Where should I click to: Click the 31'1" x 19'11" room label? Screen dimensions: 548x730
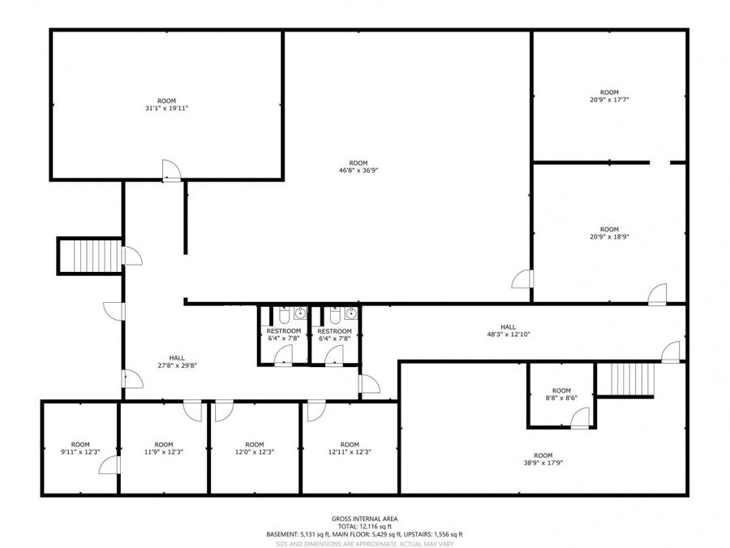166,104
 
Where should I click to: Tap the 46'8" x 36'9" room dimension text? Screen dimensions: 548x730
358,166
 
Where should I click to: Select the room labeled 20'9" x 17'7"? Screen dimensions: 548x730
609,96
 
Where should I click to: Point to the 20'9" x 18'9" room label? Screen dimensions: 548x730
609,234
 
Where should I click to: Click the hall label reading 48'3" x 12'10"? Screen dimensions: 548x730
508,330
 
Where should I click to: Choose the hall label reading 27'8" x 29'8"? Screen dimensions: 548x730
177,361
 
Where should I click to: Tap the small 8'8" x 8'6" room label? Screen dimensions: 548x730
561,395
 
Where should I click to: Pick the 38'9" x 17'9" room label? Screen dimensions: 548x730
543,459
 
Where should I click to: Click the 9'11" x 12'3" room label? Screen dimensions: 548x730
80,448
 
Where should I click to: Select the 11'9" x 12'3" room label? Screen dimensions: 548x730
164,448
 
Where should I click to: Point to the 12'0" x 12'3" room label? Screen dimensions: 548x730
255,448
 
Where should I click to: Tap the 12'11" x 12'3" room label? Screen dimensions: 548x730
350,448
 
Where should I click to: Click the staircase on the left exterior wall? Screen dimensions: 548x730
89,256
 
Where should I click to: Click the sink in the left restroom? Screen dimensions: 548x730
300,313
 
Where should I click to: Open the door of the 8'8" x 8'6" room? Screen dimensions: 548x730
580,418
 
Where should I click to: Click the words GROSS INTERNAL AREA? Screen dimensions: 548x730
364,518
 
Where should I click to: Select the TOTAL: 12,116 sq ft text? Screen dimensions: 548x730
364,526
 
